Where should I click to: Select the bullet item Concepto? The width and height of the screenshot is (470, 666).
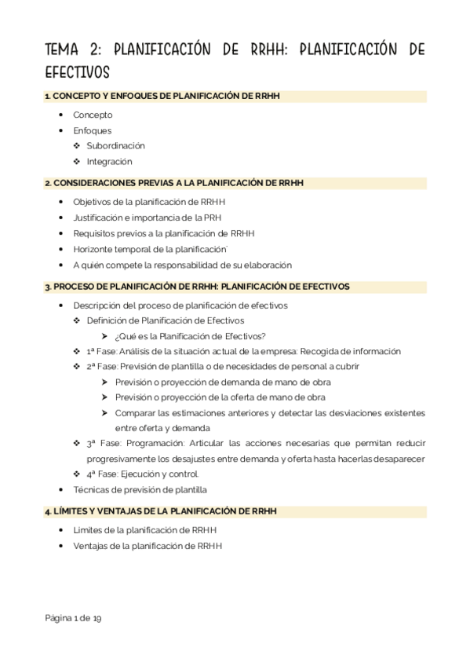click(x=93, y=115)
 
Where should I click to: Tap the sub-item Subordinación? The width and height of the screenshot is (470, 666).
click(x=115, y=145)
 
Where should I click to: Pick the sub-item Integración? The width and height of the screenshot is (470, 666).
click(x=109, y=161)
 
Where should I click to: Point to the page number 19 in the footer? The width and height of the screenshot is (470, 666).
click(x=97, y=618)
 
